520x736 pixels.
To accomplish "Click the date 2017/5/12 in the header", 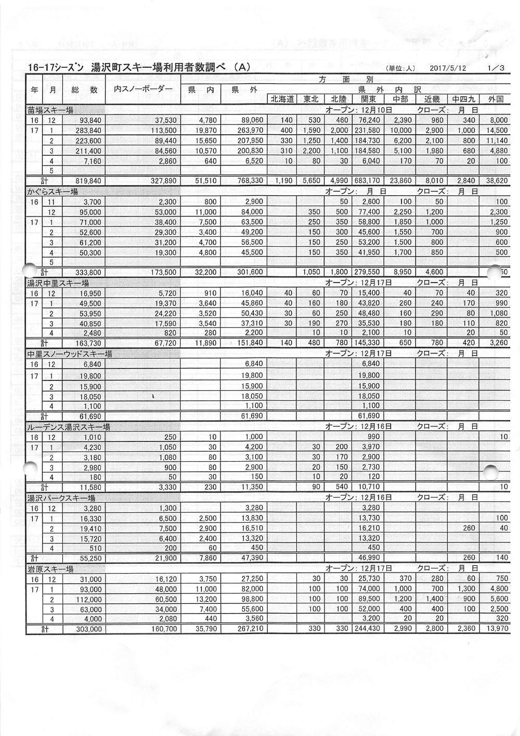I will tap(448, 68).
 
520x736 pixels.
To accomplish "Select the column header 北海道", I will tap(282, 99).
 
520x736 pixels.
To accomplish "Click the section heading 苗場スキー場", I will tap(50, 110).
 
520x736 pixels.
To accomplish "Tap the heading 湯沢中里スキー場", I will tap(58, 283).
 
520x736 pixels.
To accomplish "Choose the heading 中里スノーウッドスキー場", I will tap(70, 354).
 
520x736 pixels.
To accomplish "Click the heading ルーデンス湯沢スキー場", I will tap(69, 427).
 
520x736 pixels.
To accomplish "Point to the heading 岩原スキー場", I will tap(50, 569).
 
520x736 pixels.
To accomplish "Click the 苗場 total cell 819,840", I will tap(88, 181).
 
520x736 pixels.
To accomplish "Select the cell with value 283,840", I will tap(88, 131).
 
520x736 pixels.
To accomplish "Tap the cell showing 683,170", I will tap(366, 181).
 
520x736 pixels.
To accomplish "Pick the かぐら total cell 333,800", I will tap(88, 272).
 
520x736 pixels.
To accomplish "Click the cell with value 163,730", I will tap(88, 344).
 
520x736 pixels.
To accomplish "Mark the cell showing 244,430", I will tap(366, 629).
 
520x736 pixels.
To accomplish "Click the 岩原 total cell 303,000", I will tap(88, 629).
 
